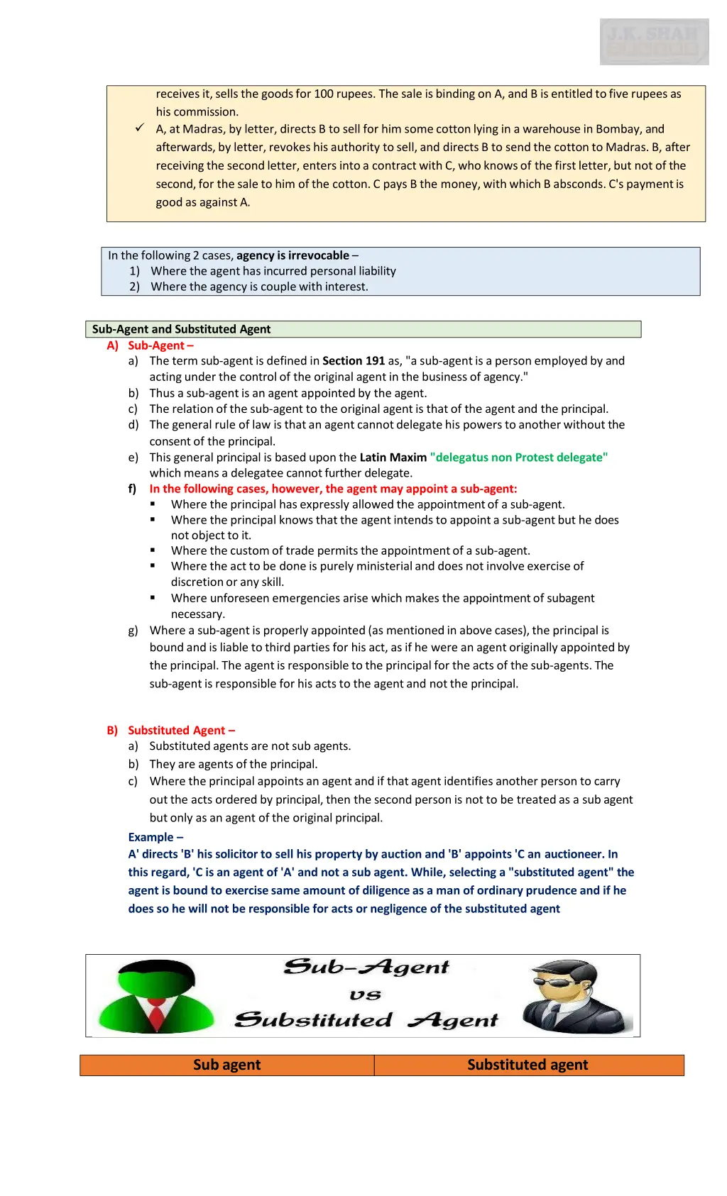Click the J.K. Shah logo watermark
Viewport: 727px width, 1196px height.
(x=654, y=42)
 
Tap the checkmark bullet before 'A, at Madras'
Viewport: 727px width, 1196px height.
(x=140, y=128)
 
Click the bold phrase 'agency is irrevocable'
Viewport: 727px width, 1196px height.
(x=293, y=255)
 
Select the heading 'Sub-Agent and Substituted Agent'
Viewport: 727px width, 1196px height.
(x=181, y=329)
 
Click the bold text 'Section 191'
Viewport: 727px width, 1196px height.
(x=354, y=361)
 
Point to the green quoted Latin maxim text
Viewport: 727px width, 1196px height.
(x=519, y=458)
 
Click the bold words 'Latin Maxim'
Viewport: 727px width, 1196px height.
(x=393, y=458)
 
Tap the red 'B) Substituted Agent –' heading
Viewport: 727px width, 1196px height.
(x=171, y=731)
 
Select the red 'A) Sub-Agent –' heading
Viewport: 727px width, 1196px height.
(x=151, y=345)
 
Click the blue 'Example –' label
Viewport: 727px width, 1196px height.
(x=155, y=837)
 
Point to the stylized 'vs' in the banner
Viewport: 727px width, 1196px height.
(x=365, y=995)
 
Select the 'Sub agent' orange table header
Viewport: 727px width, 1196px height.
(x=227, y=1065)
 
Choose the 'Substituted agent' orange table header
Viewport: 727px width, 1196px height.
(x=528, y=1065)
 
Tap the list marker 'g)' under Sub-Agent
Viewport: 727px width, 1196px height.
(x=133, y=631)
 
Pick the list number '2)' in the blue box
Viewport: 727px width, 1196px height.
(x=134, y=287)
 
